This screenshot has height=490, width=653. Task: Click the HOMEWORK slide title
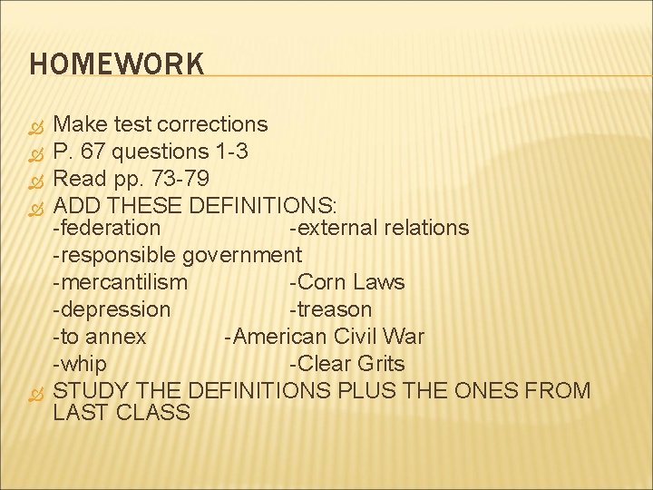(x=117, y=64)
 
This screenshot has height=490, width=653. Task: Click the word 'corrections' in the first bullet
(x=215, y=124)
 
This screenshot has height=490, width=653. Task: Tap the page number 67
(x=96, y=151)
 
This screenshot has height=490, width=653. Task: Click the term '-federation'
(x=106, y=228)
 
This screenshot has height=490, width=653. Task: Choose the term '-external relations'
(x=378, y=228)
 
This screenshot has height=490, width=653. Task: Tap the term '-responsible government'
(x=177, y=255)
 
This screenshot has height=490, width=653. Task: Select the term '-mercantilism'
(x=120, y=282)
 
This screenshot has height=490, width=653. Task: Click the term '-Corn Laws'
(x=346, y=282)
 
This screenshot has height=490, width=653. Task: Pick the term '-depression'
(x=112, y=309)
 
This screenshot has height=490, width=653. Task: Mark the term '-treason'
(x=330, y=309)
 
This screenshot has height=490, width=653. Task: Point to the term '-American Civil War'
(x=325, y=337)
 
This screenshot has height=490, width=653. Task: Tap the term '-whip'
(x=80, y=364)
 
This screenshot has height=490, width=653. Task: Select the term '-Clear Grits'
(x=346, y=364)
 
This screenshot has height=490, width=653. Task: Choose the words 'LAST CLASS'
(x=122, y=413)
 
